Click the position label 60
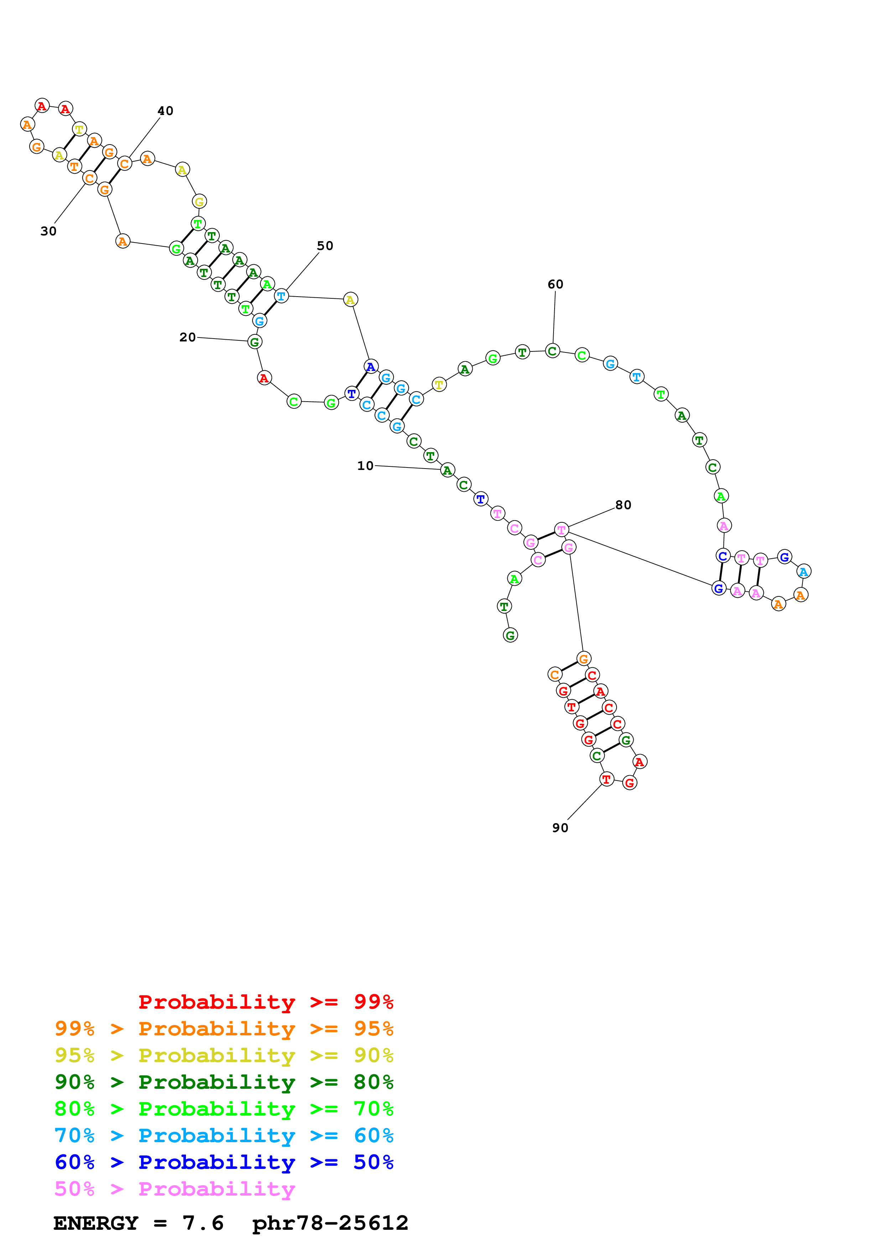555,284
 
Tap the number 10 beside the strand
365,466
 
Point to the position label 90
560,827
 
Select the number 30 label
48,231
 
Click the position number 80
623,505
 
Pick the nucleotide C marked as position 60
552,351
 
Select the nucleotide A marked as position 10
447,470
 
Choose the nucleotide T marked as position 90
606,779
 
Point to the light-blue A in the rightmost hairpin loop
804,571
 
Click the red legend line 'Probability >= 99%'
265,1002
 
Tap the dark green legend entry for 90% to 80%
224,1082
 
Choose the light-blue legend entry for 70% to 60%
224,1135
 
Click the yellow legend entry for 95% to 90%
224,1055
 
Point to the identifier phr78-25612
330,1223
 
